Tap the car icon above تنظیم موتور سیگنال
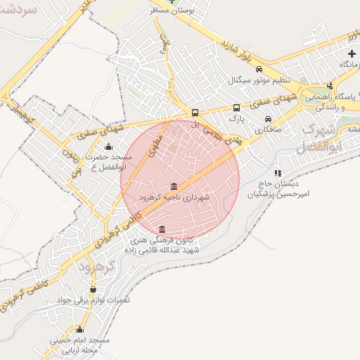[259, 70]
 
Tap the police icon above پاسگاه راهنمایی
[330, 85]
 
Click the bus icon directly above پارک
[236, 108]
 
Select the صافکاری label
[267, 129]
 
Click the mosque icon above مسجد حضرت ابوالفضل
[108, 147]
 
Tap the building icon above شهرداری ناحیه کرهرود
[174, 186]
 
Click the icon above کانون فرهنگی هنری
[162, 230]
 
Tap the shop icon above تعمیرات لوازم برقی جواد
[93, 289]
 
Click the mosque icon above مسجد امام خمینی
[79, 329]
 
